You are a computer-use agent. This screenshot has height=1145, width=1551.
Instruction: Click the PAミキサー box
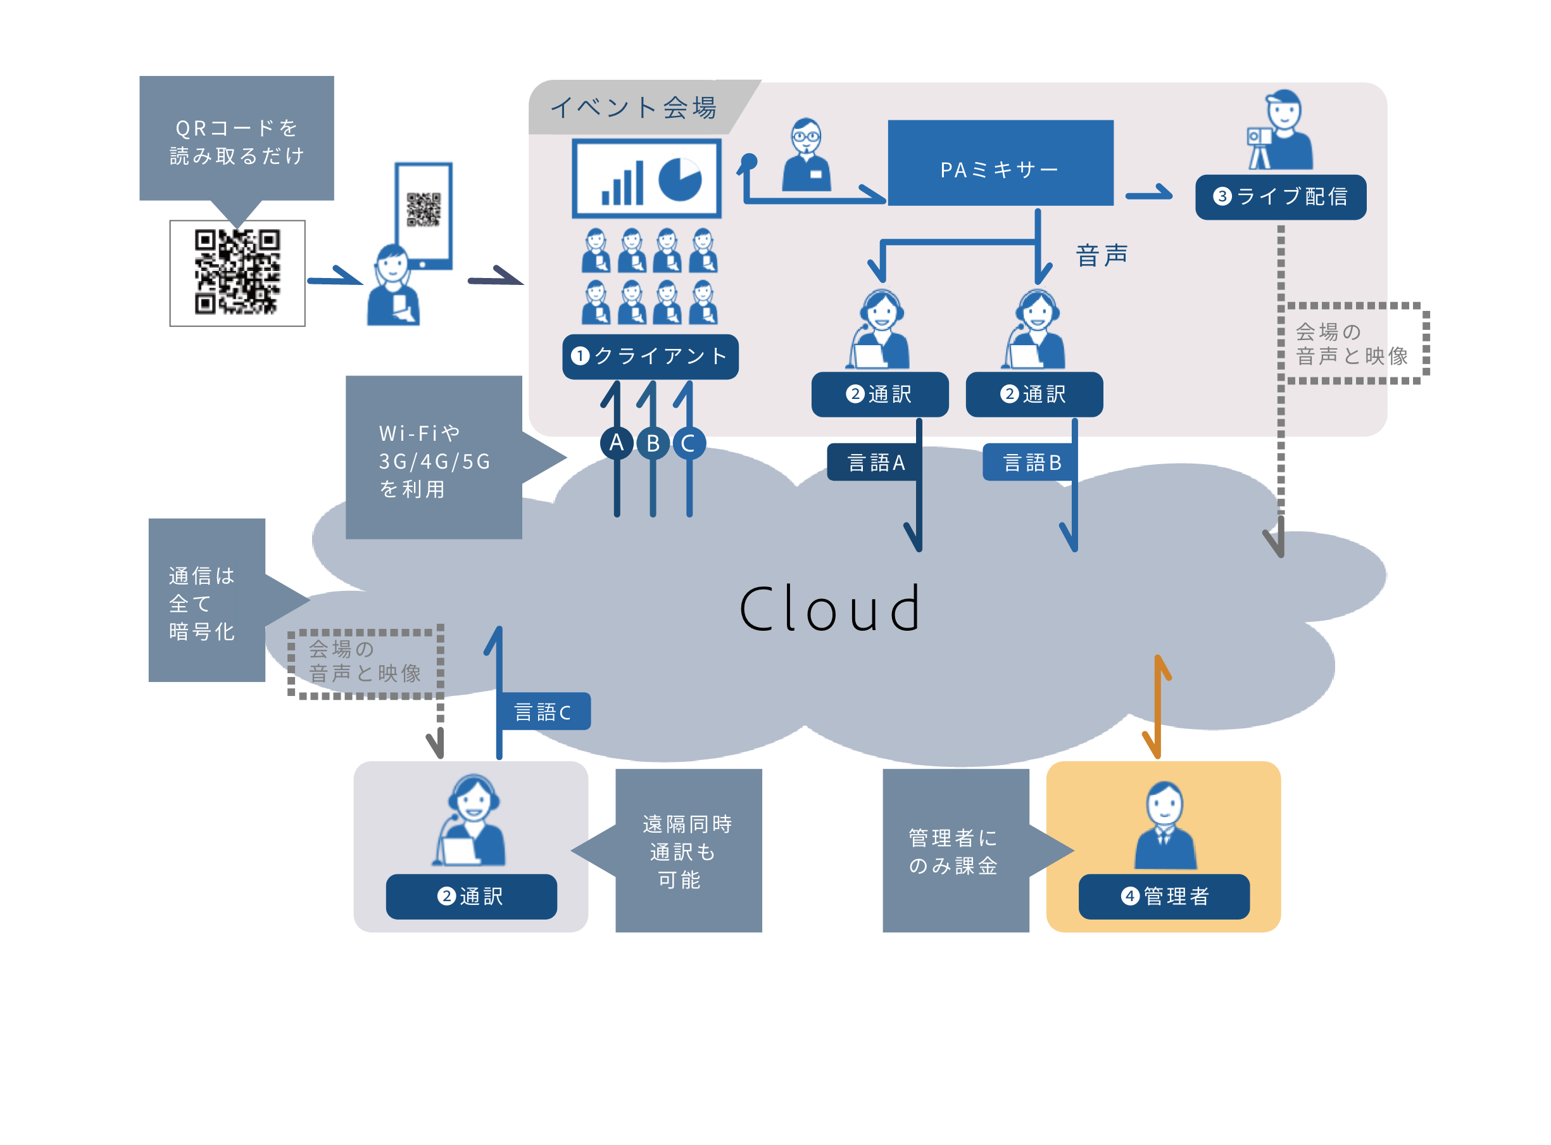1000,163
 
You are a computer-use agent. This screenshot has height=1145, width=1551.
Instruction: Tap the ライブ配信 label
1280,198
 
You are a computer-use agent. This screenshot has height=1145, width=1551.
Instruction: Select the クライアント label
650,357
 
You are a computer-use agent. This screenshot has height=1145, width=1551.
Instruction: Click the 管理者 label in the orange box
1164,896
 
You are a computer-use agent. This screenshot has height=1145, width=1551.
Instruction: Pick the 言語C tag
544,712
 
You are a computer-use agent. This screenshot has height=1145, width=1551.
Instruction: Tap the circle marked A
617,443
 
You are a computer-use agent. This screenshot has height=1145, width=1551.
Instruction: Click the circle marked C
689,443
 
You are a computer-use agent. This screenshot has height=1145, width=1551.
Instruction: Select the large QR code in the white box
237,272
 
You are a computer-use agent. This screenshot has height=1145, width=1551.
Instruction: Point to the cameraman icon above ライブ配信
1280,130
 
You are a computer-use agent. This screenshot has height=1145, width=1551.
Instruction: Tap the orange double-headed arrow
1159,707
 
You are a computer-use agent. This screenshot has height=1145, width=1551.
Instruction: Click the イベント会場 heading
633,108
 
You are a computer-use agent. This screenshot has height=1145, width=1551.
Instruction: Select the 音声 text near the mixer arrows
1102,255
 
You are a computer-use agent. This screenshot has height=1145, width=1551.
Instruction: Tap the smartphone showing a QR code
424,215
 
